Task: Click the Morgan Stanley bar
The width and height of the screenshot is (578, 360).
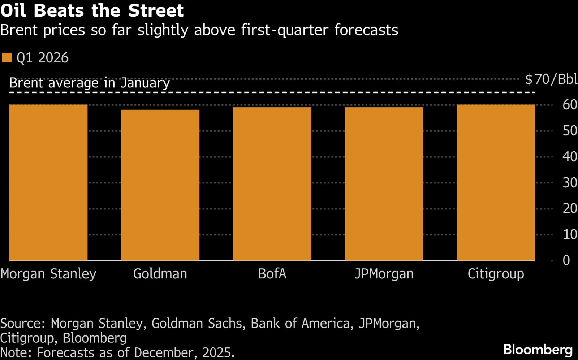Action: pos(48,182)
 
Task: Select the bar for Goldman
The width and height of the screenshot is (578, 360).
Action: pos(160,185)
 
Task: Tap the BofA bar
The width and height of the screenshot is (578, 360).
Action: pos(272,183)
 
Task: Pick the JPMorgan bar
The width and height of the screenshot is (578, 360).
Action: pos(384,183)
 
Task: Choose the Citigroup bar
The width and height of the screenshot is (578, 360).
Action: pos(496,182)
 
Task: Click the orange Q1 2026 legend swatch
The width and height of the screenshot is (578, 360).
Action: pos(7,58)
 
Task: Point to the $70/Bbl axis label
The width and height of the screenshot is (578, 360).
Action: pos(551,79)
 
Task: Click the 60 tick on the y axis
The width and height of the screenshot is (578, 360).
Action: pos(569,105)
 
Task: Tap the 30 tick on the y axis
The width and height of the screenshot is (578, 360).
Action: pos(569,183)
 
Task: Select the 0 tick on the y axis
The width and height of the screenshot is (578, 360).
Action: pos(566,260)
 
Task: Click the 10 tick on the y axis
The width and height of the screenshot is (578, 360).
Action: pos(569,235)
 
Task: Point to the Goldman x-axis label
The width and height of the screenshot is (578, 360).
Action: pos(160,274)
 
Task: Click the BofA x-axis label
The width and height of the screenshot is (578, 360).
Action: pos(272,274)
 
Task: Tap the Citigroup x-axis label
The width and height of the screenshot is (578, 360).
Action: pos(496,274)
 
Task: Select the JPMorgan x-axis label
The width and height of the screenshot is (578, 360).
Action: pos(384,274)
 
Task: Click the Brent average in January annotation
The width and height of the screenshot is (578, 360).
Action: pos(89,83)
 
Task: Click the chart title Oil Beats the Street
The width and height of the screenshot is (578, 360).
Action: pos(92,10)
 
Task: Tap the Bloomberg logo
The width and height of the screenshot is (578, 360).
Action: pos(538,350)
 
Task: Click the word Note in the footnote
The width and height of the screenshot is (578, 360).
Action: pos(16,352)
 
